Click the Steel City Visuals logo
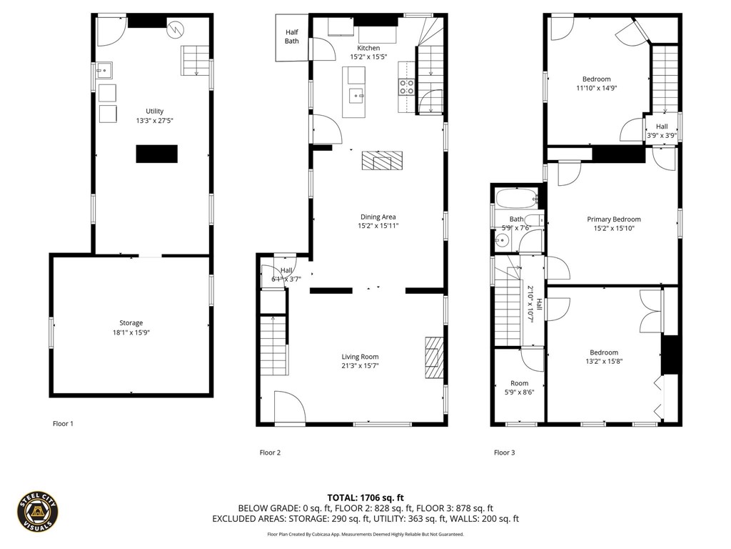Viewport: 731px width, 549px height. pos(38,512)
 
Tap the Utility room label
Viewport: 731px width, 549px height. pos(154,111)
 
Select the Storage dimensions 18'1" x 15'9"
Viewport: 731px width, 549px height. pos(131,332)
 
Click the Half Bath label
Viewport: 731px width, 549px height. pos(292,36)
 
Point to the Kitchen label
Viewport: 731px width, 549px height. pos(368,48)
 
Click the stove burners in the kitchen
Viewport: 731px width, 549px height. pos(406,87)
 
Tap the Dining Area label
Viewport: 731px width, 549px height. pos(378,217)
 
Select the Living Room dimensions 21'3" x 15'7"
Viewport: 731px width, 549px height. pos(360,365)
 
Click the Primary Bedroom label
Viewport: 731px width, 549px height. pos(613,219)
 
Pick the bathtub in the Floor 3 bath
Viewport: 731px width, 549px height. pos(517,199)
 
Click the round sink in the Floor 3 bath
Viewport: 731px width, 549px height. pos(502,241)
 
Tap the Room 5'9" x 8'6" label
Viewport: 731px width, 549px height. pos(520,387)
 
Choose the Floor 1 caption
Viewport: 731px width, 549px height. pos(63,423)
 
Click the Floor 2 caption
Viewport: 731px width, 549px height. pos(270,452)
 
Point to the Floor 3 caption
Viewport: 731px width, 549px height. pos(505,452)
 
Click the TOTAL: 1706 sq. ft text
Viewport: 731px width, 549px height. pos(365,498)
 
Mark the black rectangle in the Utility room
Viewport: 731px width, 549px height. pos(156,154)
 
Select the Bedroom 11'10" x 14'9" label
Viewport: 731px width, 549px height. pos(596,83)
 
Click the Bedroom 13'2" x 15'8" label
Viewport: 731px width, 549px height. pos(604,357)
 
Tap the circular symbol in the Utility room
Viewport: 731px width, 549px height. pos(176,30)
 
